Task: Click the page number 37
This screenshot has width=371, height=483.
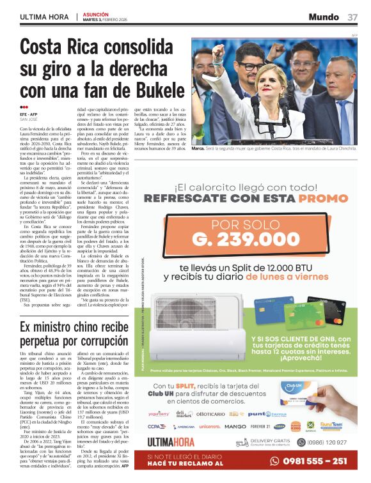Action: (352, 17)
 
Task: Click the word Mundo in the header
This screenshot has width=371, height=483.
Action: (324, 17)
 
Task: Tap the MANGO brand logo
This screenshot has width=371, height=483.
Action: (235, 426)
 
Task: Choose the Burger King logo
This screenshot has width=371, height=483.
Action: (296, 426)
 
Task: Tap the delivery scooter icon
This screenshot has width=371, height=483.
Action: (242, 442)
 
